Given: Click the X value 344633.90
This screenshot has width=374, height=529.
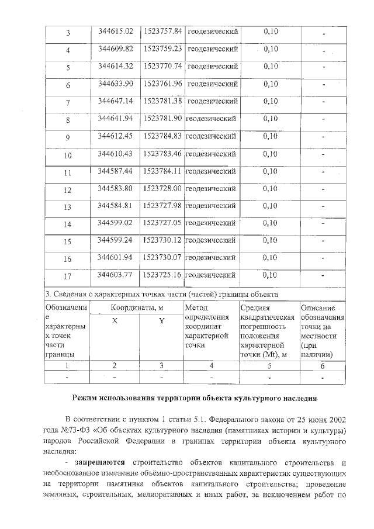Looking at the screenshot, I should coord(116,84).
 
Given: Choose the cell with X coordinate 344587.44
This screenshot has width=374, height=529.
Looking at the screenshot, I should coord(116,171).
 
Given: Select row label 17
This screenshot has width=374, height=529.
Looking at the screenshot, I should coord(68,276).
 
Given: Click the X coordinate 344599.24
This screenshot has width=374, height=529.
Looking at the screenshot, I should coord(116,240).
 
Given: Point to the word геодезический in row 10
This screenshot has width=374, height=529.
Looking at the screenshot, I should coord(211,154).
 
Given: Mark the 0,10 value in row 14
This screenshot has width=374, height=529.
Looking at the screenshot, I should coord(270,223).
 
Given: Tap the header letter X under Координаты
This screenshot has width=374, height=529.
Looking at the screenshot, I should coord(115,320).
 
